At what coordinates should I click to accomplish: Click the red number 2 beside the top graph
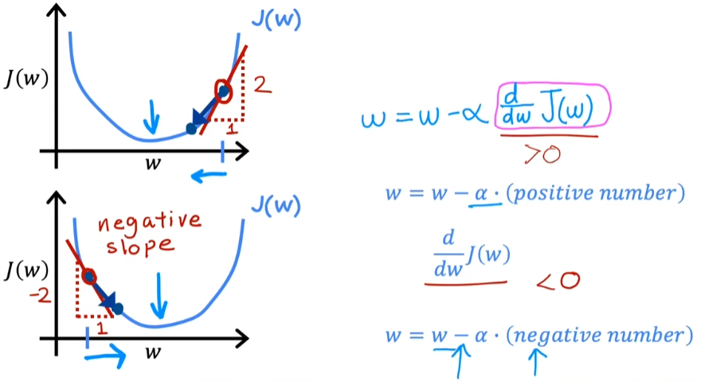262,85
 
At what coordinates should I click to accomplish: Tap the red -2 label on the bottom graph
41,296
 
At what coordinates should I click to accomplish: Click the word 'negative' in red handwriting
149,222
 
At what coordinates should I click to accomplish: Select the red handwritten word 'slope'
140,246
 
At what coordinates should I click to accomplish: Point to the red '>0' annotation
542,154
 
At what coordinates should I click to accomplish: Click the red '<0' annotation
558,281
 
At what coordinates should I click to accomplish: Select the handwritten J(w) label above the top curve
276,19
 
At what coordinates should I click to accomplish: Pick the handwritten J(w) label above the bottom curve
276,205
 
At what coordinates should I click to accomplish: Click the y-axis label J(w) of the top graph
26,79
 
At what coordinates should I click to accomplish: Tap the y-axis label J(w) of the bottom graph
26,270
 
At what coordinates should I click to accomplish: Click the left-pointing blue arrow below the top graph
209,176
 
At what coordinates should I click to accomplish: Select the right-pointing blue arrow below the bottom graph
105,356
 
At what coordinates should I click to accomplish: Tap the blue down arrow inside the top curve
152,117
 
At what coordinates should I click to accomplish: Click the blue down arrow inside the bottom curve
159,296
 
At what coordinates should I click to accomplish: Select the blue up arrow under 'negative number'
535,362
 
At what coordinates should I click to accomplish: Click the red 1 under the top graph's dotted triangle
231,129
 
